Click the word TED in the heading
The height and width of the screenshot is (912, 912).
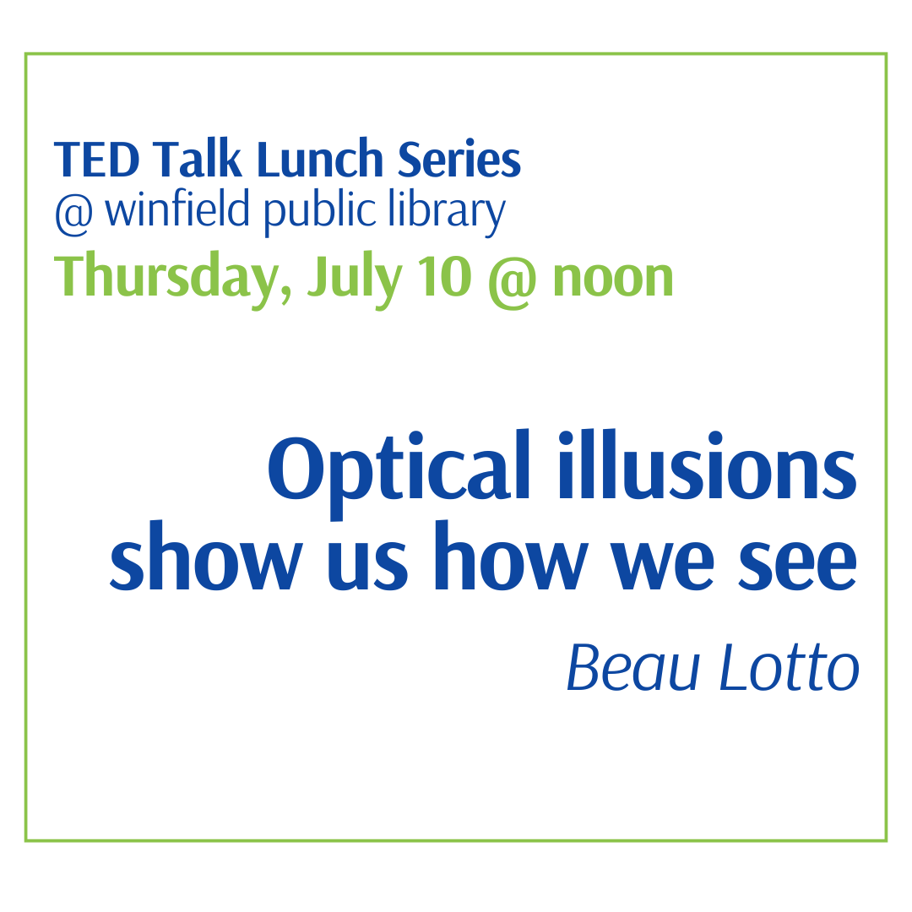[x=96, y=160]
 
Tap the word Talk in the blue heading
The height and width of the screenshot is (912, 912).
[x=197, y=158]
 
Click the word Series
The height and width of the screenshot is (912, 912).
[x=459, y=158]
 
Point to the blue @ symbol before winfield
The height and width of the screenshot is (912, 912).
[x=73, y=214]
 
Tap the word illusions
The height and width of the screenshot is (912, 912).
[x=707, y=465]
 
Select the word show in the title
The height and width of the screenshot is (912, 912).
[x=207, y=556]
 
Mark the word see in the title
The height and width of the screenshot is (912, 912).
[x=797, y=564]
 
